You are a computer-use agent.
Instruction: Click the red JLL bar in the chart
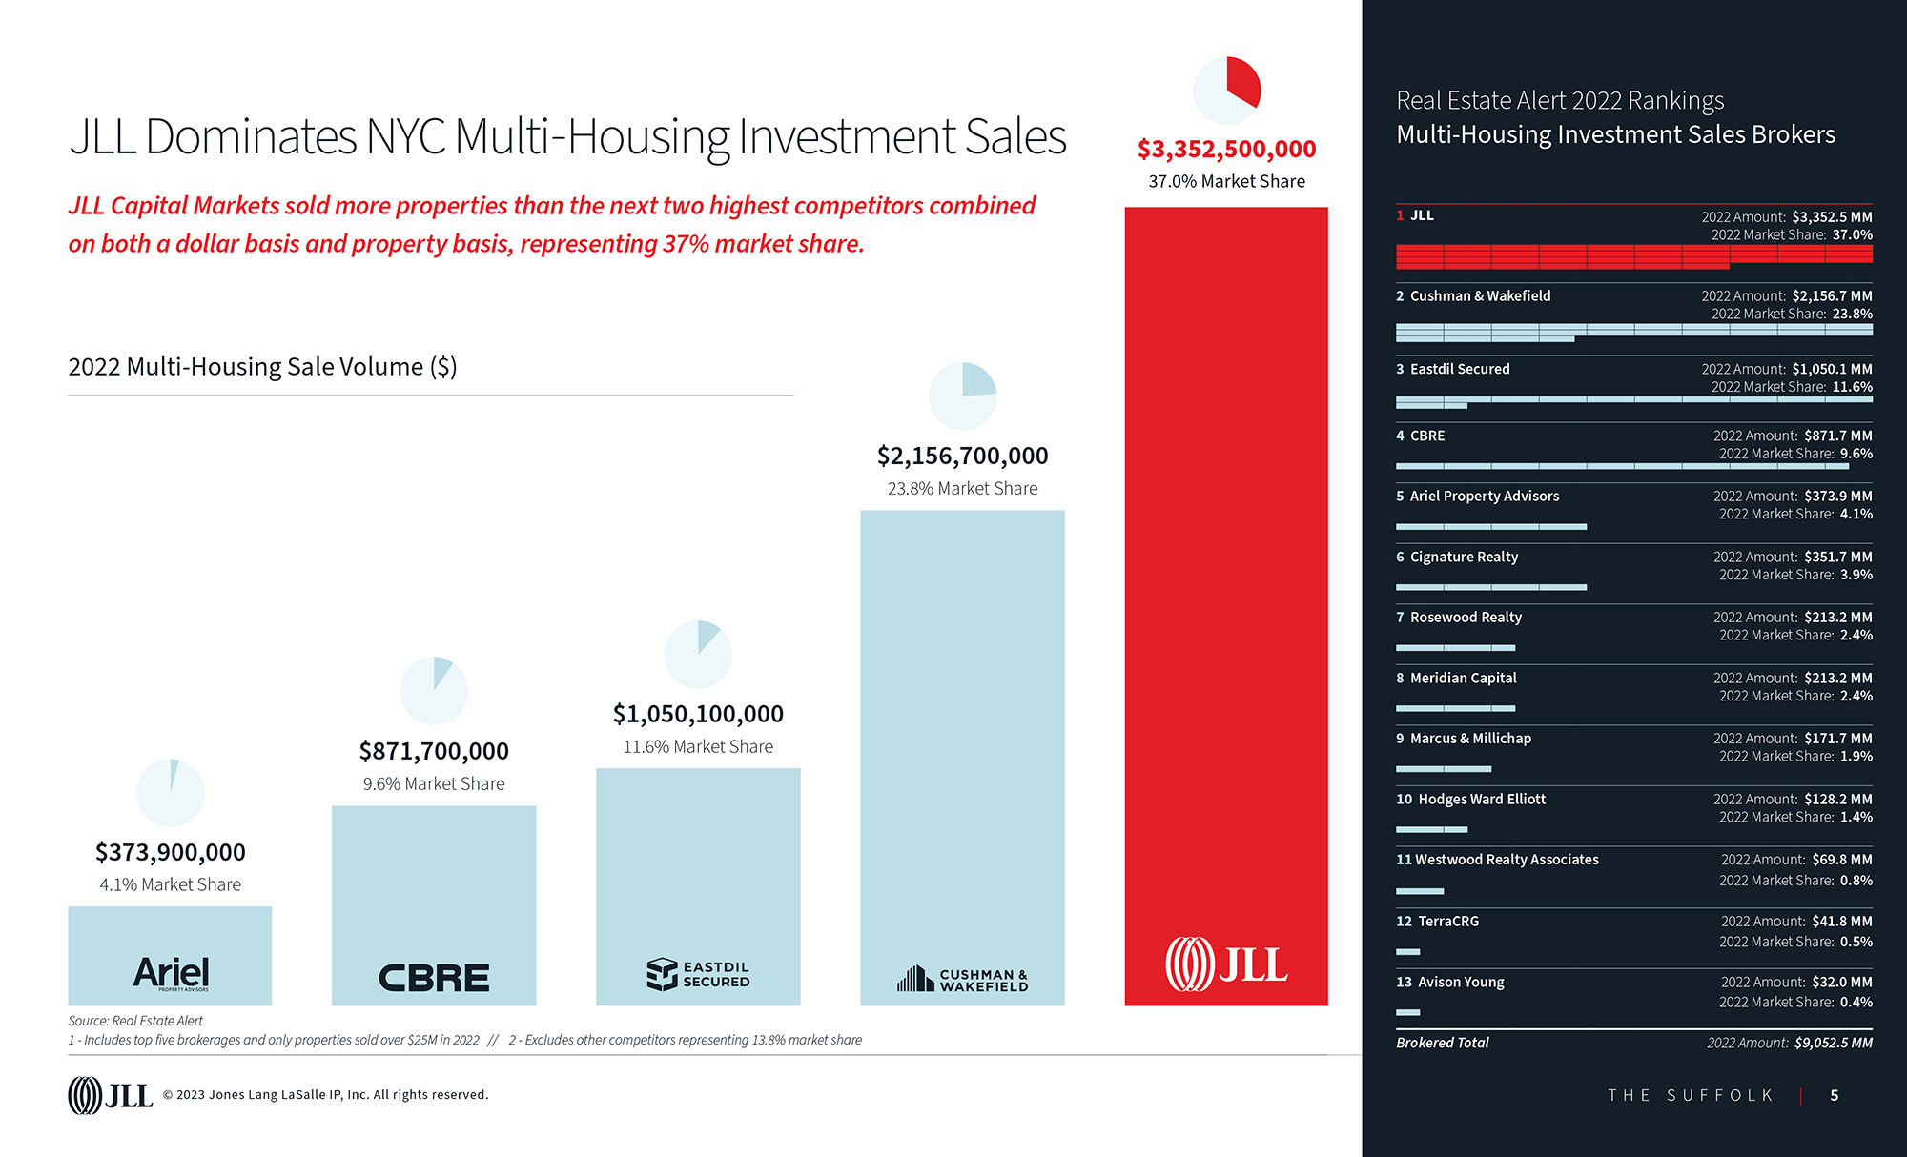coord(1226,572)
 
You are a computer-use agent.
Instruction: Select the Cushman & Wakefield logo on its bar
coord(962,979)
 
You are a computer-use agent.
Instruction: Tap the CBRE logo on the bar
coord(434,978)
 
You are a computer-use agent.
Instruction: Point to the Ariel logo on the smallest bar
coord(171,973)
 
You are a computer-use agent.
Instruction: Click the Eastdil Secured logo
coord(698,974)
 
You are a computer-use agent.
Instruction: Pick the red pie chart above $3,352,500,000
coord(1227,91)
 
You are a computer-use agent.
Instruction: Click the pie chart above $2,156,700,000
coord(962,396)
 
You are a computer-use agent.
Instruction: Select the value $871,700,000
coord(434,751)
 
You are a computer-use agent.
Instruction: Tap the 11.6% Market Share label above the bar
coord(698,747)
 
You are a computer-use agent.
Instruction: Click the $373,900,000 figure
coord(171,852)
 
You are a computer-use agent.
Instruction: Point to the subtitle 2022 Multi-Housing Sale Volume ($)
coord(262,367)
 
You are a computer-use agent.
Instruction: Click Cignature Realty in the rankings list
coord(1464,557)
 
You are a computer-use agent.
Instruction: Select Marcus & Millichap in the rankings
coord(1470,739)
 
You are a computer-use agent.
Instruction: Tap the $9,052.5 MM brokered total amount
coord(1833,1043)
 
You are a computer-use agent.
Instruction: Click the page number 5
coord(1835,1095)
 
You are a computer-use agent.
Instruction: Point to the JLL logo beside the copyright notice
coord(110,1095)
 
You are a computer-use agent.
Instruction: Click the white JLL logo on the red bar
coord(1226,964)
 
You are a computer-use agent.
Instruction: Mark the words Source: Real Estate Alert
coord(135,1021)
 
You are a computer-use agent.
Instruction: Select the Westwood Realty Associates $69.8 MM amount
coord(1841,860)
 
